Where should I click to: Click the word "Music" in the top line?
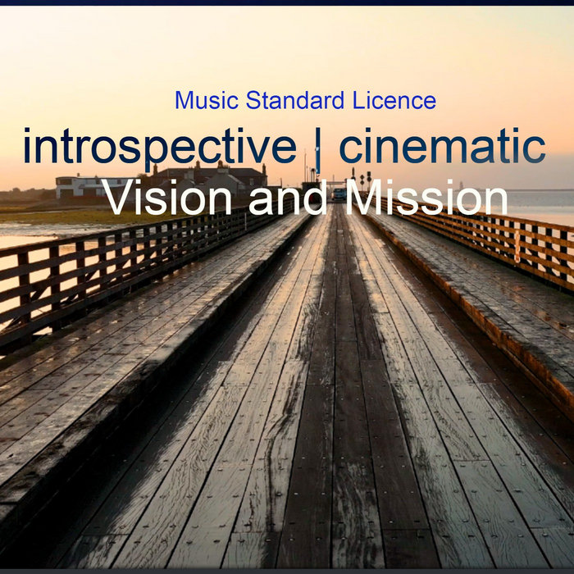198,102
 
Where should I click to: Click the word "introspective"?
159,148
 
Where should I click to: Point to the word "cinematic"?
443,148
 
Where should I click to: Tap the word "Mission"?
426,199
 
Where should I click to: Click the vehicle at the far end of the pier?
338,194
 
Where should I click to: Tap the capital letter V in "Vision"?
120,199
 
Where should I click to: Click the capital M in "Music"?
183,102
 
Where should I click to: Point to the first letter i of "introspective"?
29,148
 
